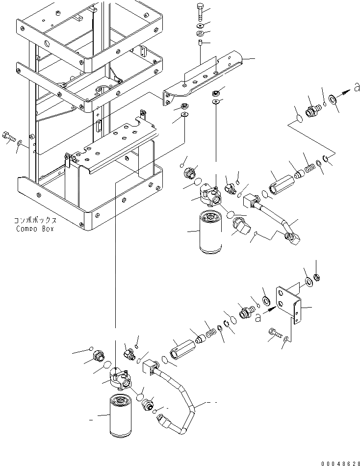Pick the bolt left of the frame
(x=8, y=137)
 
